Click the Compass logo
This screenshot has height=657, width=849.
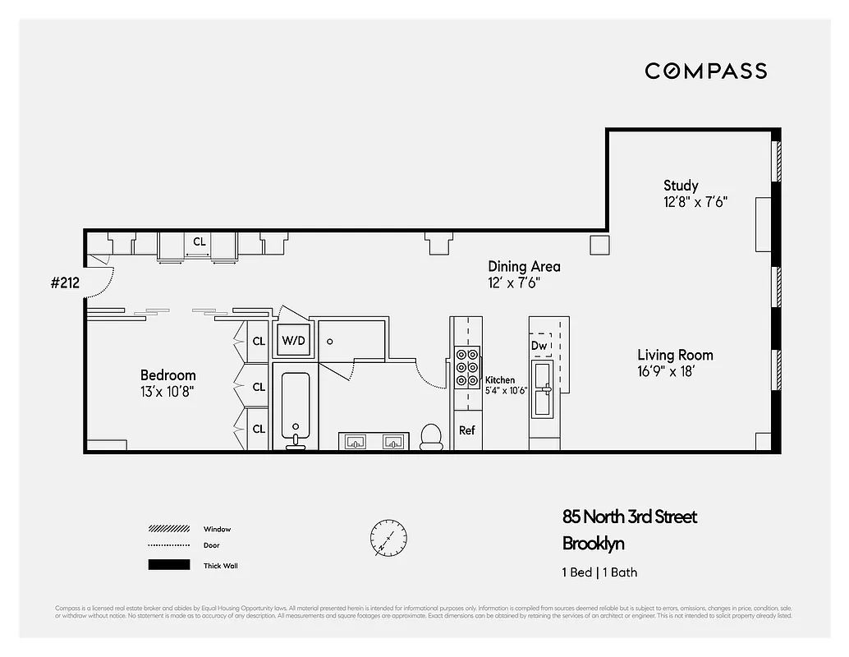coord(705,71)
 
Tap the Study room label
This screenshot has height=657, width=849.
coord(681,186)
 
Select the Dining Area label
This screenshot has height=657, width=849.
coord(524,266)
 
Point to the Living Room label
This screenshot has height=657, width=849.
coord(675,355)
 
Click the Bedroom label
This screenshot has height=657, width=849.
coord(168,375)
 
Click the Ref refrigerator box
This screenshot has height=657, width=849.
coord(466,430)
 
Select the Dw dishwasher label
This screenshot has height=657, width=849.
coord(539,346)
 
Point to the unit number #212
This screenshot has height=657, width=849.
coord(65,283)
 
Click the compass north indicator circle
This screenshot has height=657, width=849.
coord(388,537)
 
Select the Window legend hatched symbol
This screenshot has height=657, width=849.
coord(168,529)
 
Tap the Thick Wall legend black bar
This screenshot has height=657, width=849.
coord(168,565)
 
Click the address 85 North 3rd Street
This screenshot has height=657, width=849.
coord(630,517)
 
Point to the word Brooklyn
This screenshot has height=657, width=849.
coord(594,544)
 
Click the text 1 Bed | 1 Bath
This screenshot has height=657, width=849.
coord(599,572)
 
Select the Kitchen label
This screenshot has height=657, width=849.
coord(500,380)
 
